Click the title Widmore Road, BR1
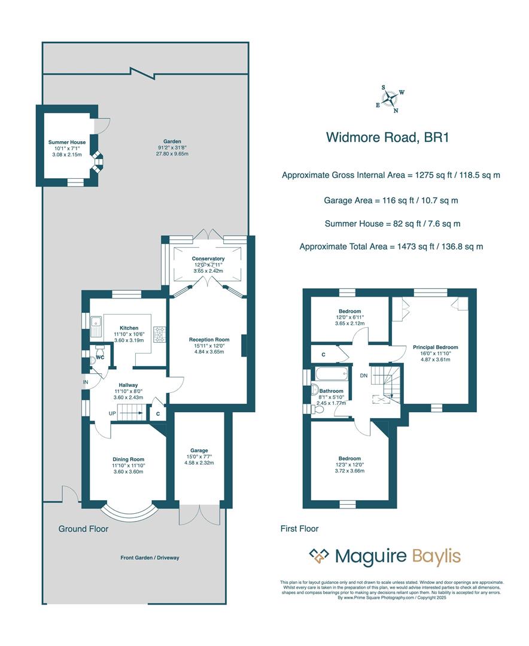point(387,137)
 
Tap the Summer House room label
point(67,142)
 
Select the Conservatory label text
point(208,258)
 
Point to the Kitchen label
point(129,328)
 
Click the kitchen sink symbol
point(96,325)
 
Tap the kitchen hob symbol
point(160,333)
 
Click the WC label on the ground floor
point(101,358)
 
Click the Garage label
point(199,450)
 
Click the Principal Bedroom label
point(435,347)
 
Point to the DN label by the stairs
point(363,376)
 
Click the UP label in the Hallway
point(112,413)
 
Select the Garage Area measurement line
point(391,200)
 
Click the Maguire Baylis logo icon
point(319,556)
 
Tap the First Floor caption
point(299,529)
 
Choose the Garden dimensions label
point(172,147)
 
